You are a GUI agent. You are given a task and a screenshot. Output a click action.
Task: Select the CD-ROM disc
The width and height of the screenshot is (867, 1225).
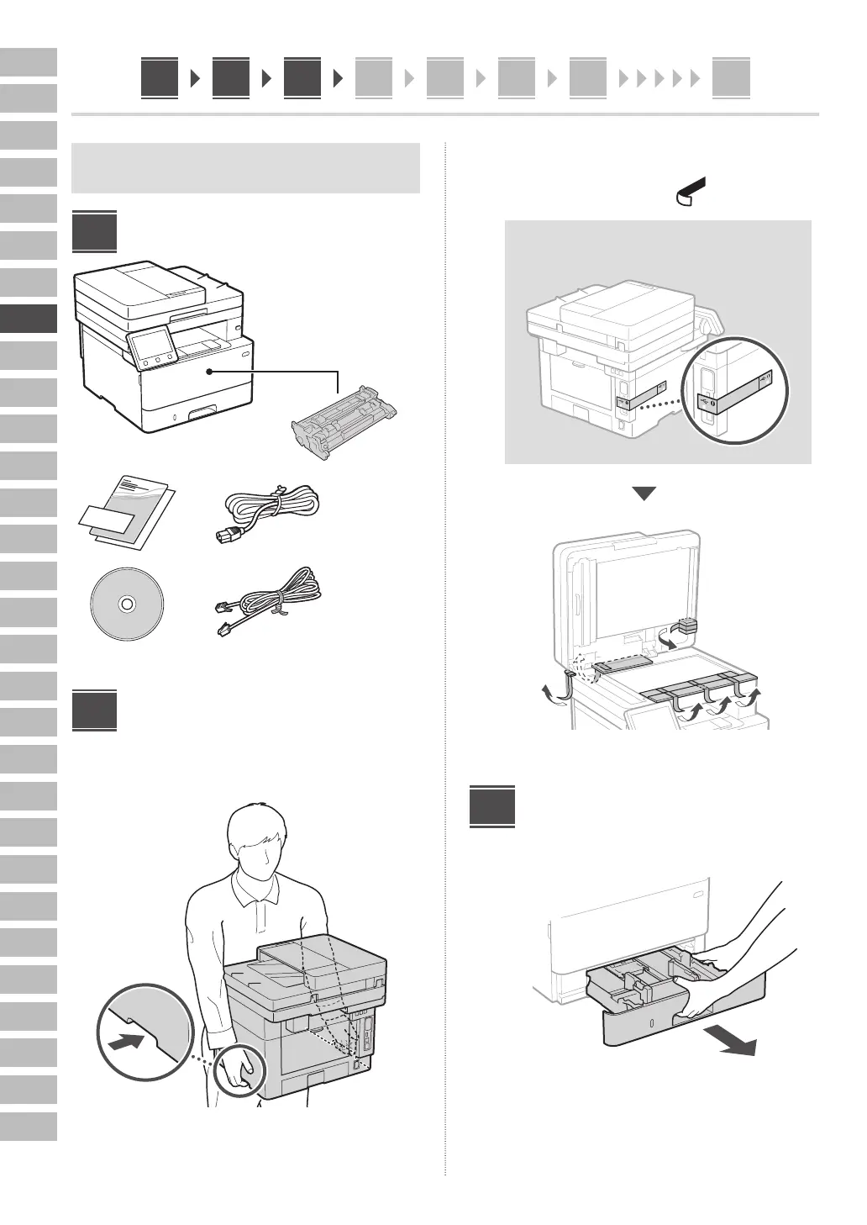[x=126, y=603]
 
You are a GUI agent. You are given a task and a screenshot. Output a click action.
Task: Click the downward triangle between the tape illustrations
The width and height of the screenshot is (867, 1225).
[x=644, y=494]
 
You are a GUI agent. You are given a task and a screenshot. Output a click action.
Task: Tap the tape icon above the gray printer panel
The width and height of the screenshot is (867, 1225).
[x=688, y=193]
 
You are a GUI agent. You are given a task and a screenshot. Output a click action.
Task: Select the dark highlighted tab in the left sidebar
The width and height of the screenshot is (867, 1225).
[x=29, y=319]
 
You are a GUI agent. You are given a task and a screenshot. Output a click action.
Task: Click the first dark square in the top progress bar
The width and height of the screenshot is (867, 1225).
[x=160, y=78]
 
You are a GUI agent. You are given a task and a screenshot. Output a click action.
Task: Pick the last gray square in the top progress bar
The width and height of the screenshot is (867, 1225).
[x=730, y=78]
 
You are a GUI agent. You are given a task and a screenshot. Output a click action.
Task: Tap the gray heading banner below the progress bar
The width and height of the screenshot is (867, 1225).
[x=245, y=168]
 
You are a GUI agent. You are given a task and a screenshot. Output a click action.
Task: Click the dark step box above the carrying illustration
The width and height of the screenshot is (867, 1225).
[x=94, y=710]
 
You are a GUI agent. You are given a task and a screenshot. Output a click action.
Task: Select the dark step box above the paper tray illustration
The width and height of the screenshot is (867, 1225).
[x=491, y=806]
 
